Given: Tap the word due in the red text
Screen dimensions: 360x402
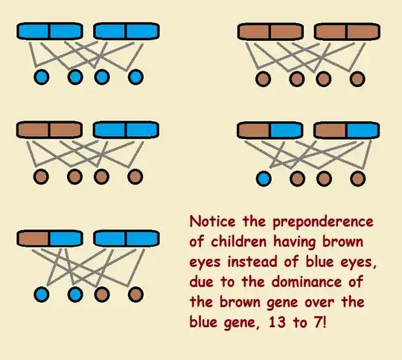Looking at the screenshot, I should (202, 283).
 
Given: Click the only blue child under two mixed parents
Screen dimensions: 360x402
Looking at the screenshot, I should (262, 178).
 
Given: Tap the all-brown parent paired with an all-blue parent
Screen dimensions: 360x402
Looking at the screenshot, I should (49, 130).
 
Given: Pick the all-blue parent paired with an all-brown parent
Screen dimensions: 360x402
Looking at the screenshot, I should (126, 130).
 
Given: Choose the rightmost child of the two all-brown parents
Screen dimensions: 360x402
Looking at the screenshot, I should (357, 77).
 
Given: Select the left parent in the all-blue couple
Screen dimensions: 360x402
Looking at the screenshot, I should (49, 32).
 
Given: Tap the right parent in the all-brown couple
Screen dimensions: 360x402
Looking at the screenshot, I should (345, 32).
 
